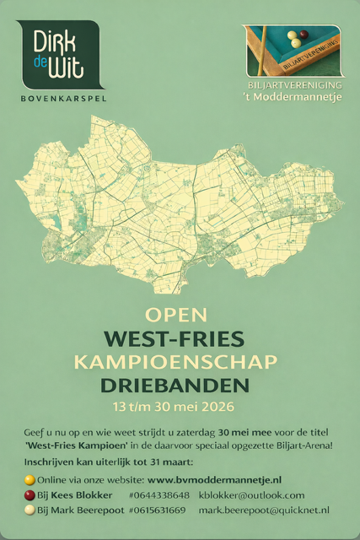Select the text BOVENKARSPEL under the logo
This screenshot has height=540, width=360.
tap(62, 98)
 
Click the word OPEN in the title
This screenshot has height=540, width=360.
tap(175, 315)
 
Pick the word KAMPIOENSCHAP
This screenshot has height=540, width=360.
tap(175, 363)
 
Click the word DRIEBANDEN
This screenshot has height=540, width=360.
tap(175, 386)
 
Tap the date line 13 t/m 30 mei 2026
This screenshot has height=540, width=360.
tap(175, 407)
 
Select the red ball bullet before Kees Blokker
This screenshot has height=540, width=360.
tap(30, 495)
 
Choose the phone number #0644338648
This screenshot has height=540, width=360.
tap(159, 494)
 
